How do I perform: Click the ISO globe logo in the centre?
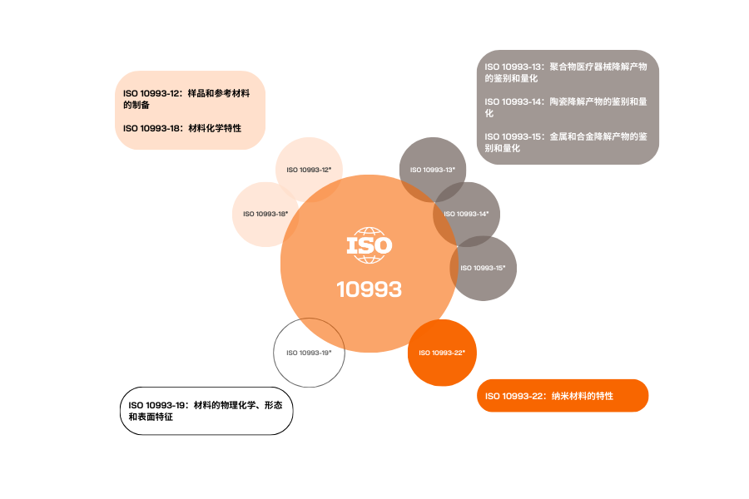(370, 245)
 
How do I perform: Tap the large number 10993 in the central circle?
(370, 289)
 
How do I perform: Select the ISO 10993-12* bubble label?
(309, 170)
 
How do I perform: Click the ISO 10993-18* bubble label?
(265, 214)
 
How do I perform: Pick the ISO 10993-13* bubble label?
(433, 170)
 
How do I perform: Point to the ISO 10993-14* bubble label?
(467, 214)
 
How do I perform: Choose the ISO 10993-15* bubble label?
(483, 268)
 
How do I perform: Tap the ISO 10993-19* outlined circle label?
(309, 353)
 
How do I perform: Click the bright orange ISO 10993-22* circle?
(442, 353)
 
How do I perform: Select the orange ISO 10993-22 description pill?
(563, 396)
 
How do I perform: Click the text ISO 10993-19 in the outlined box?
(156, 405)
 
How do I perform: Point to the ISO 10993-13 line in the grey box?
(566, 72)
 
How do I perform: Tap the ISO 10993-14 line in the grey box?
(566, 107)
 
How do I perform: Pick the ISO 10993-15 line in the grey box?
(566, 142)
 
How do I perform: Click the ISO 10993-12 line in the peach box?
(186, 99)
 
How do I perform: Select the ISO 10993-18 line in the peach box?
(182, 128)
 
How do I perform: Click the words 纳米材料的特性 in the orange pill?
(583, 396)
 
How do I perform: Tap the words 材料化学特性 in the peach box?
(215, 128)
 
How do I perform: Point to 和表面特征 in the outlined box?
(151, 417)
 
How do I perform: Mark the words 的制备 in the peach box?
(136, 105)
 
